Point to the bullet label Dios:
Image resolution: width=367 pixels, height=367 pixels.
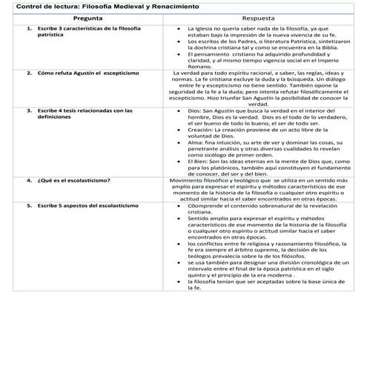point(196,109)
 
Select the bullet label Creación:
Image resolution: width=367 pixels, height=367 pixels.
point(203,129)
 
